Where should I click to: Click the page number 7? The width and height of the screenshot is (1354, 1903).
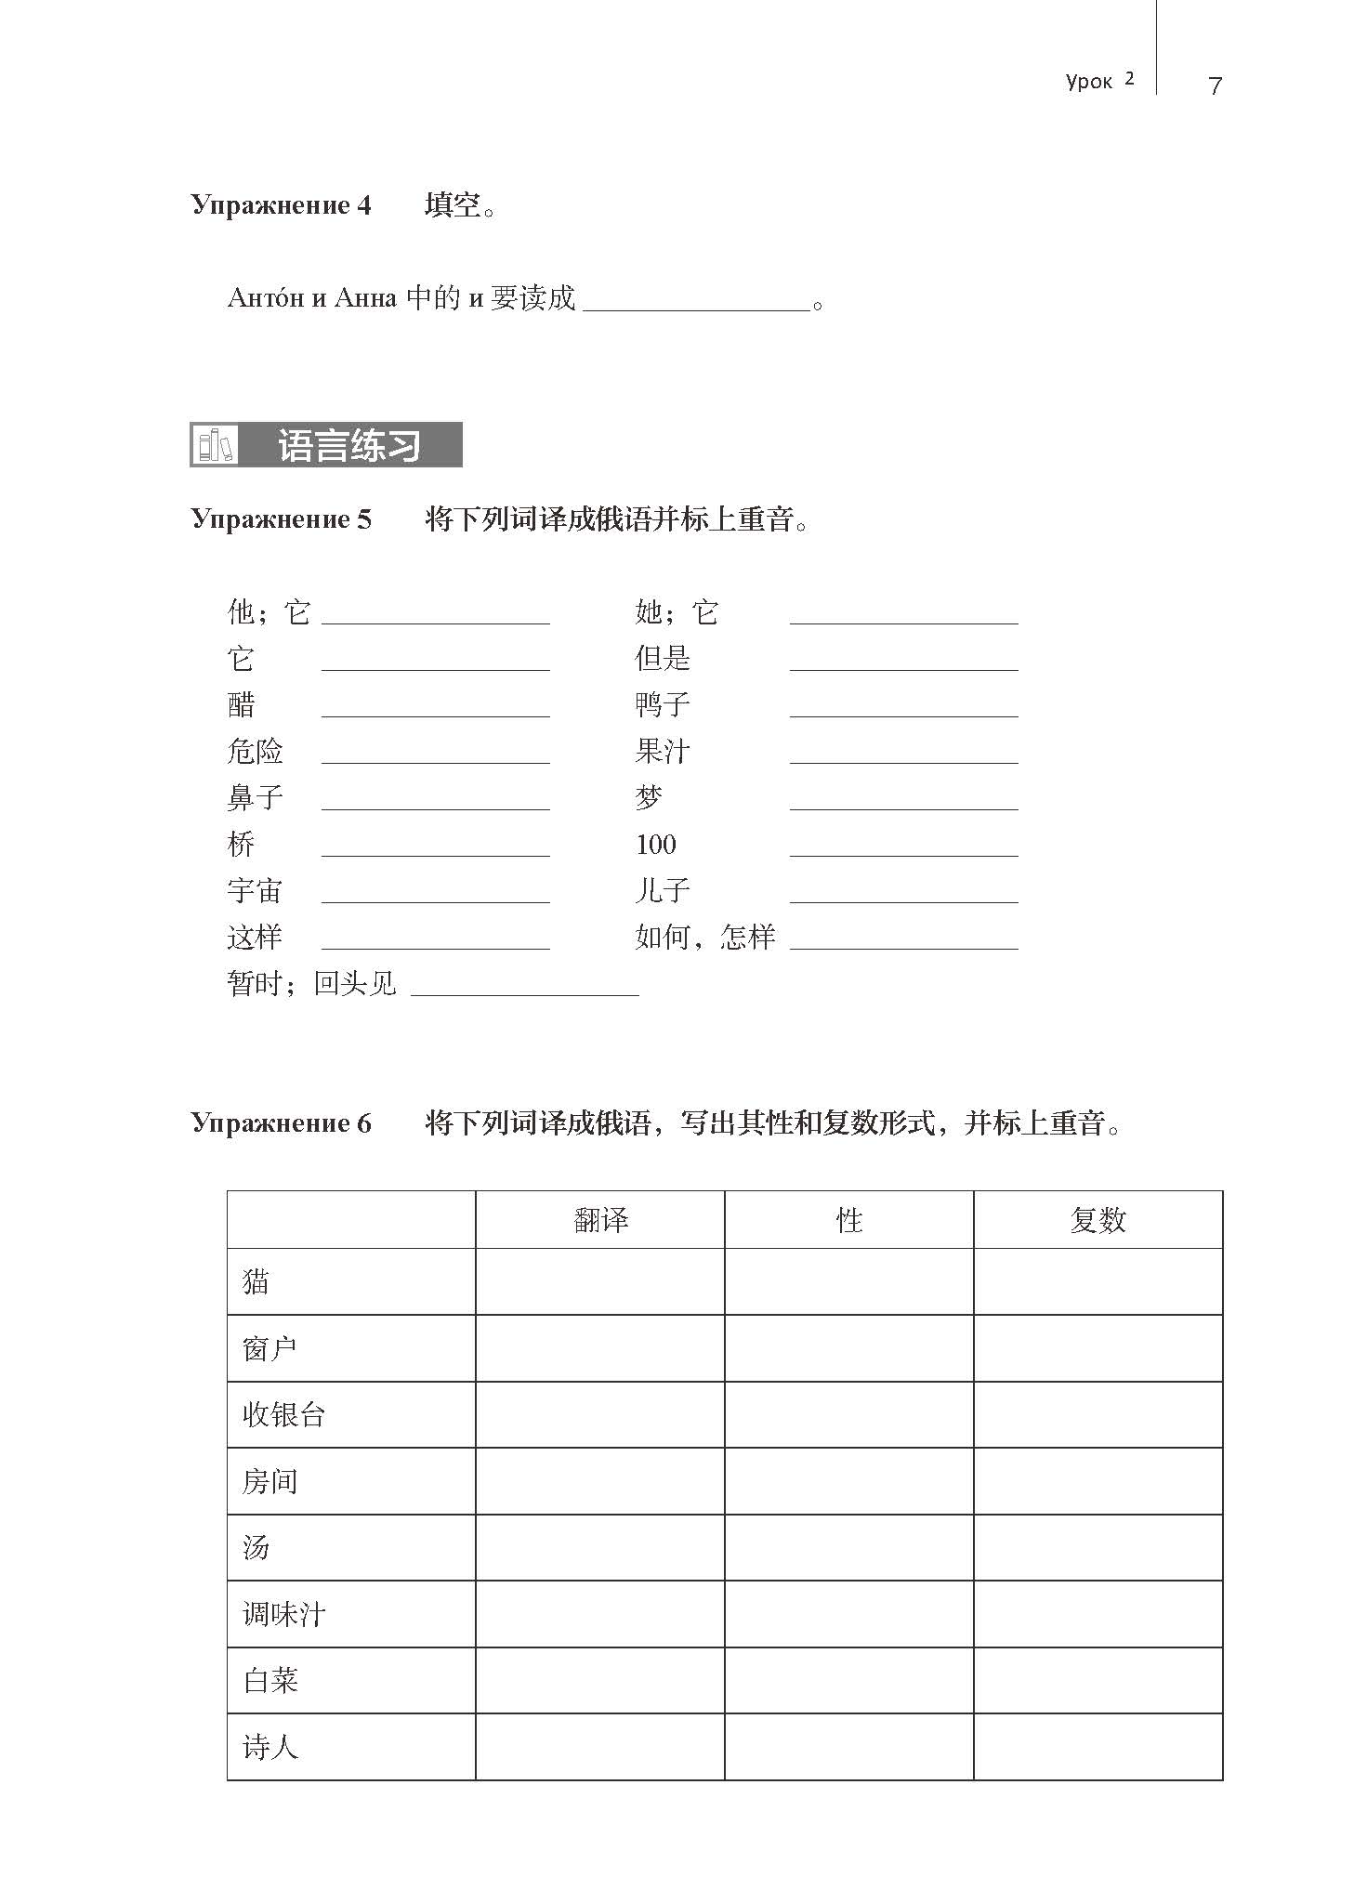coord(1214,85)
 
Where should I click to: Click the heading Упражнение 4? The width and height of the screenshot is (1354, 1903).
coord(281,204)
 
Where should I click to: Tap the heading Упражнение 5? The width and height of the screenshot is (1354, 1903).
coord(281,518)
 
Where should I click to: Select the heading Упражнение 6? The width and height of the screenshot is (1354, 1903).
coord(281,1122)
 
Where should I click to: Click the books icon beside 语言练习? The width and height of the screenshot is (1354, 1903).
coord(215,445)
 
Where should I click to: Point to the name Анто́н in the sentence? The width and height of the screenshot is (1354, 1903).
coord(266,297)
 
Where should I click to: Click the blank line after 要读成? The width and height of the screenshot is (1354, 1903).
coord(696,303)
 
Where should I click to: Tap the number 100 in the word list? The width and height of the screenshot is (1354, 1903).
coord(655,844)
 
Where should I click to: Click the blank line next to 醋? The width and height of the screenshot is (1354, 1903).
coord(435,710)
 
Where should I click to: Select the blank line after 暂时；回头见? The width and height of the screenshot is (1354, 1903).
coord(524,989)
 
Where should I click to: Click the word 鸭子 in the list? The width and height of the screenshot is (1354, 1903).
coord(662,704)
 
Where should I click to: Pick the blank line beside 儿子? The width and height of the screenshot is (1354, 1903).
coord(903,896)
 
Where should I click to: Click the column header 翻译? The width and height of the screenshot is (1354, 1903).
coord(600,1219)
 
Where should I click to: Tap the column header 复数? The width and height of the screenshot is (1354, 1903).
coord(1098,1219)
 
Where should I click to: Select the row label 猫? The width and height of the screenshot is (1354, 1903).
coord(256,1281)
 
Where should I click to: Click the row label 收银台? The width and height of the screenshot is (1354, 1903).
coord(283,1414)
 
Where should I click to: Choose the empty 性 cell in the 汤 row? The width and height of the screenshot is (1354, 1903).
coord(848,1547)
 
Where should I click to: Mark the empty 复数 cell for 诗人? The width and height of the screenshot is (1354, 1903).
coord(1098,1747)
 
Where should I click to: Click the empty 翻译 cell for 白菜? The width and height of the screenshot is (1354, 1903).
coord(600,1680)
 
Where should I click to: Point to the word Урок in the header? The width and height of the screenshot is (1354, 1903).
coord(1088,82)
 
